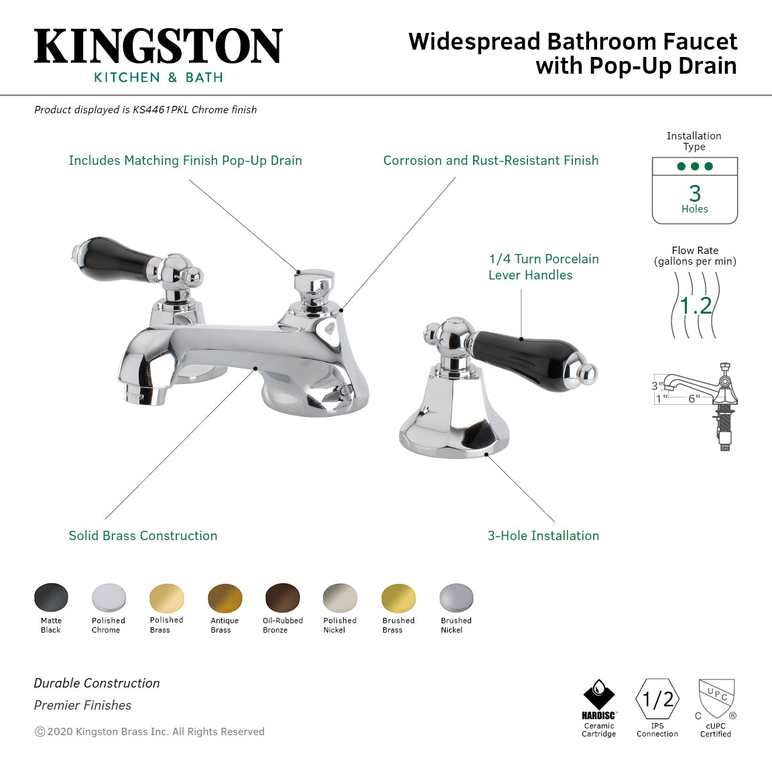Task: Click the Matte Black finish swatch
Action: tap(51, 598)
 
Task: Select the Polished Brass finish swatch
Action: tap(167, 598)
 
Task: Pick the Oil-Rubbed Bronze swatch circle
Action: tap(283, 598)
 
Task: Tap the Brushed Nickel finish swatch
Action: tap(456, 598)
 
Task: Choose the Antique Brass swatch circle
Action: tap(225, 598)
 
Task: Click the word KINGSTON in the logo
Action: tap(158, 47)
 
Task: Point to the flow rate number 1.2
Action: tap(695, 306)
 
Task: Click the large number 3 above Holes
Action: tap(695, 194)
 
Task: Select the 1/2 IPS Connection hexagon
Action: tap(657, 700)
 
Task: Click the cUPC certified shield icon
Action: tap(716, 698)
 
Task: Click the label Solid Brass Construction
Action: tap(143, 535)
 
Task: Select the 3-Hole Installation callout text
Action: tap(543, 535)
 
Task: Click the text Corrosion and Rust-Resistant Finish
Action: tap(491, 160)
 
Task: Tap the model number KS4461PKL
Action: tap(160, 109)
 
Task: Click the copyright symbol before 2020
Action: tap(40, 732)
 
